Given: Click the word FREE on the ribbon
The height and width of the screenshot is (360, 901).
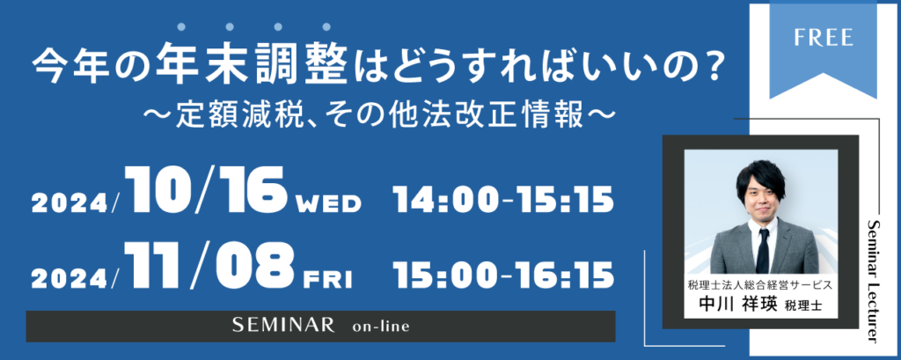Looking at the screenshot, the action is click(824, 37).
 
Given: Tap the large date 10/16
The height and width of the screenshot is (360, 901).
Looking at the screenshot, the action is click(206, 192).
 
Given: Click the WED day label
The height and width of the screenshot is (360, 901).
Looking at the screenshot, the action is click(327, 203).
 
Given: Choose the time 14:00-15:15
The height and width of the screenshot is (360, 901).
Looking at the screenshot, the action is click(503, 200).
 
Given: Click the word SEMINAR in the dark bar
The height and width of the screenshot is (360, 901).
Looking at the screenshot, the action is click(283, 326).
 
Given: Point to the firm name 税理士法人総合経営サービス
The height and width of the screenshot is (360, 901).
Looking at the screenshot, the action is click(760, 284).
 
